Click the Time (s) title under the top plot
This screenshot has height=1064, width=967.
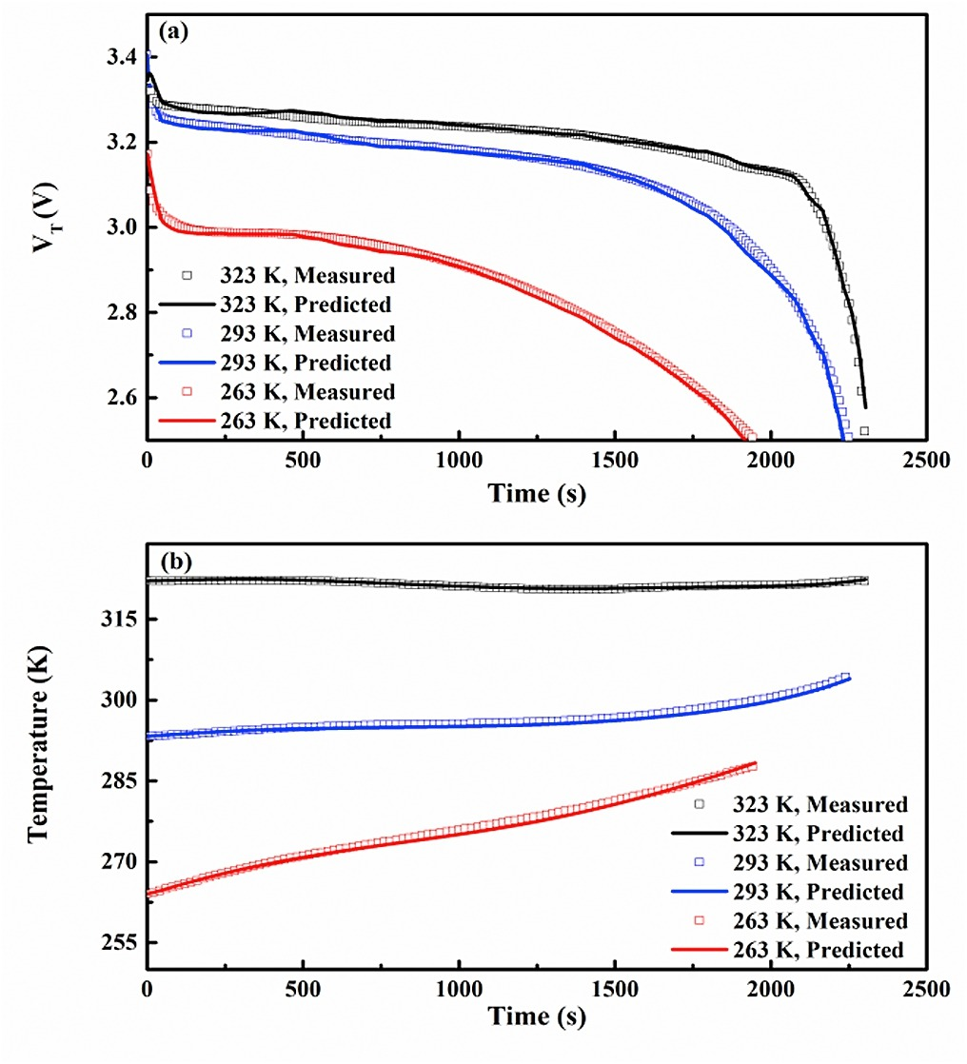coord(538,492)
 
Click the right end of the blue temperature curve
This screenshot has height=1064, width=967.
coord(848,678)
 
